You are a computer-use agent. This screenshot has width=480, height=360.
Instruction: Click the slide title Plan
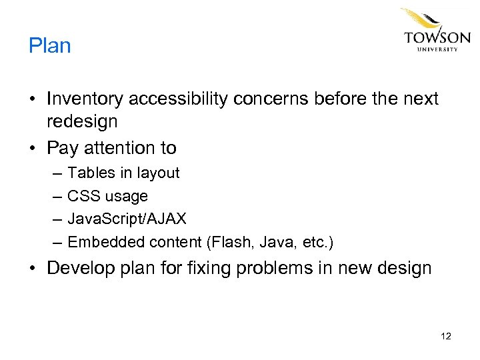click(49, 46)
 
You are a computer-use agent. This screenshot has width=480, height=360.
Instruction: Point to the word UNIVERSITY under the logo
click(437, 49)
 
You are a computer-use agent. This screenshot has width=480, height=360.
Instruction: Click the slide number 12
click(446, 336)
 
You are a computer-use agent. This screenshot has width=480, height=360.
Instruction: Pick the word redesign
click(82, 121)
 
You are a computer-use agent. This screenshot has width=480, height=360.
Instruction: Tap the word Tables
click(91, 173)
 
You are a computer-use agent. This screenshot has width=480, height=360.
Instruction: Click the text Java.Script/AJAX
click(127, 219)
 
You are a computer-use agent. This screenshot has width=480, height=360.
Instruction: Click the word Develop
click(81, 268)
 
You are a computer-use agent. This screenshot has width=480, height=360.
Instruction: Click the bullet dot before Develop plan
click(33, 268)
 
